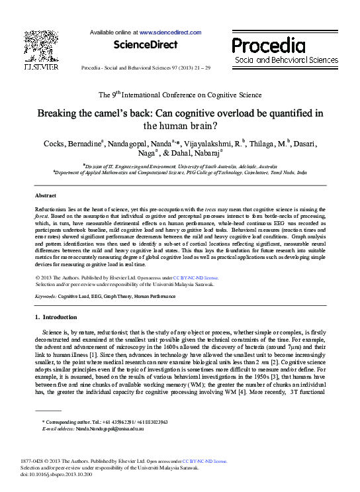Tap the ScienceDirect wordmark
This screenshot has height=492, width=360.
[146, 45]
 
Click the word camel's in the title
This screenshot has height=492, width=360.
[122, 113]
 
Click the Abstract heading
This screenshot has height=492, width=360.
[46, 196]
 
